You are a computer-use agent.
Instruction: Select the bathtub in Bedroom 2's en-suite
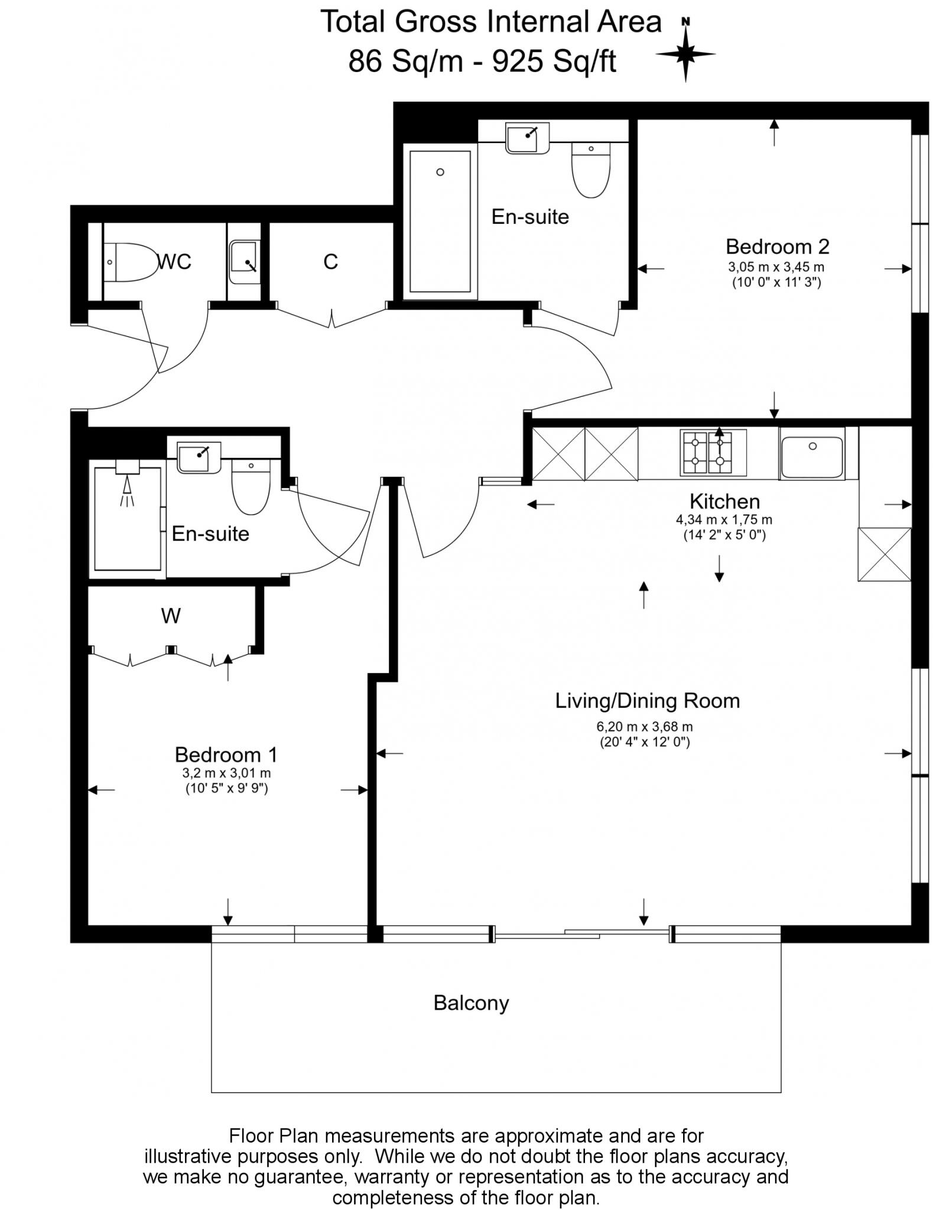coord(440,222)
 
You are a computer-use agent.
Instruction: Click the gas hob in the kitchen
coord(708,453)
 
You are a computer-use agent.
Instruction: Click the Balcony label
coord(471,1003)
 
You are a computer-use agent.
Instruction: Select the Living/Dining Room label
coord(647,701)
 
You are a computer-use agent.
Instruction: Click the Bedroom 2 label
coord(777,246)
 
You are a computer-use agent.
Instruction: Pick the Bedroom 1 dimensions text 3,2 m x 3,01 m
coord(227,773)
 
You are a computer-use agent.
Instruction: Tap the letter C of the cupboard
coord(331,261)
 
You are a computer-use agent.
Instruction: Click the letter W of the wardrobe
coord(171,616)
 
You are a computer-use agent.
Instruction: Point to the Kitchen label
coord(724,502)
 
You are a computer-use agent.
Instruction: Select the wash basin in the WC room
coord(244,262)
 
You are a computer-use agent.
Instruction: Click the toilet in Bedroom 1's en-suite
coord(251,486)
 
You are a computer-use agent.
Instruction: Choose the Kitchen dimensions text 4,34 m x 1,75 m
coord(724,520)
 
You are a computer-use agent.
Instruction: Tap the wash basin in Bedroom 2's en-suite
coord(528,138)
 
